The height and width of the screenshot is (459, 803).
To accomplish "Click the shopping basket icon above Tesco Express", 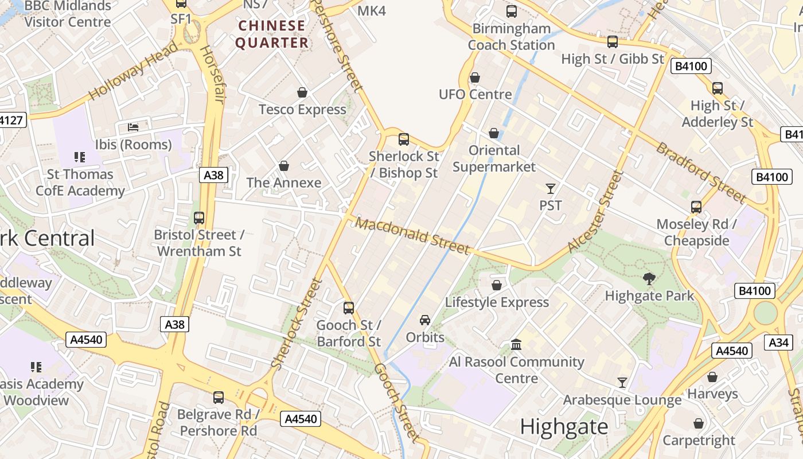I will (x=302, y=92).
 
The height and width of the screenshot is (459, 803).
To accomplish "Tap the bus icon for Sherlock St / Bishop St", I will (x=404, y=139).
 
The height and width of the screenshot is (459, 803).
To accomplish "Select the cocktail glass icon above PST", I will (x=551, y=188).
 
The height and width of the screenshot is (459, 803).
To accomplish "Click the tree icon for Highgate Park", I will (x=649, y=279).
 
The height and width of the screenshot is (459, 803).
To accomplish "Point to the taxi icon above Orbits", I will (x=425, y=320).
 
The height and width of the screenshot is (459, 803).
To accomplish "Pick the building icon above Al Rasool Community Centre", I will (x=516, y=345).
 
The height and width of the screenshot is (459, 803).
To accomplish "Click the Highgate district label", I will (x=564, y=427).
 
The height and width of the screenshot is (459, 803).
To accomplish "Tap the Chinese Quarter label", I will (x=272, y=34).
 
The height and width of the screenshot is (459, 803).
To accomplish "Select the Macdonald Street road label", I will (x=413, y=235).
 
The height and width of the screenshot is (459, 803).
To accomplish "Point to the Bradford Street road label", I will (x=701, y=172).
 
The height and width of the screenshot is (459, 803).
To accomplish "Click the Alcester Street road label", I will (x=595, y=212).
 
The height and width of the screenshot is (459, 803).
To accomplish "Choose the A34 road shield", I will (x=778, y=343).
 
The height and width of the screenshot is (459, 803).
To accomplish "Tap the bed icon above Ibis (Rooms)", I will (x=133, y=127).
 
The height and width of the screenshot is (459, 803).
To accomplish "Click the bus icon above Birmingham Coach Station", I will (x=511, y=11).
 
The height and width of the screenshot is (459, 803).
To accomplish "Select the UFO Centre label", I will (x=475, y=94).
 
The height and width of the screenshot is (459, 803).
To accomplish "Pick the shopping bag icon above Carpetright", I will (x=699, y=423).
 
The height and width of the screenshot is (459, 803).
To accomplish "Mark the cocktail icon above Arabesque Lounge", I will (x=622, y=382).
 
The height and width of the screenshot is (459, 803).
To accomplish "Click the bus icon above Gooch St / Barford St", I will (x=349, y=308).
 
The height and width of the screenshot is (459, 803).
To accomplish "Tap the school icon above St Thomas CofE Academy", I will (x=80, y=157).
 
